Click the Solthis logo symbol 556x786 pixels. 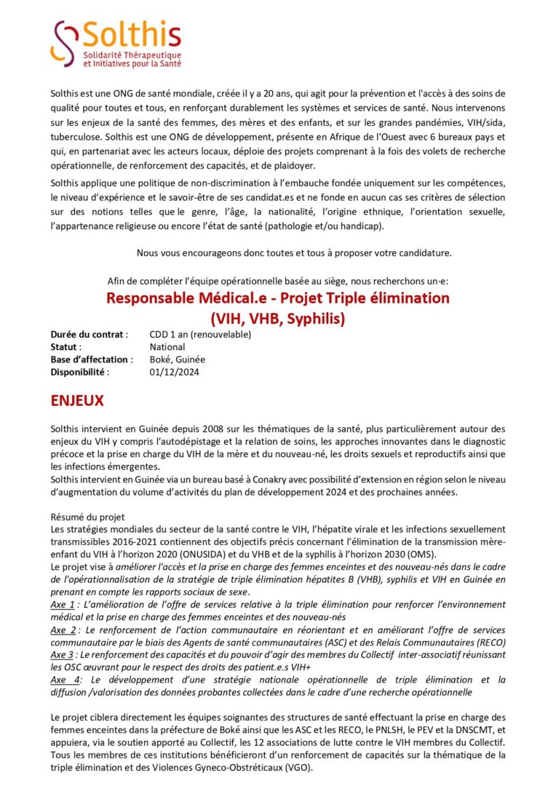click(x=64, y=42)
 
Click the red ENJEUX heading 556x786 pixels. click(x=77, y=401)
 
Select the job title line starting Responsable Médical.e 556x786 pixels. click(x=277, y=298)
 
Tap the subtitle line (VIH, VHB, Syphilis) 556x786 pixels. click(x=277, y=317)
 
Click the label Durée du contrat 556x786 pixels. click(x=90, y=335)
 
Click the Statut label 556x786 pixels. click(x=66, y=347)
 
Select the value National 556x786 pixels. click(x=167, y=347)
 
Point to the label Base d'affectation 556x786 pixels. click(x=92, y=360)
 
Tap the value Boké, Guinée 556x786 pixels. click(x=178, y=360)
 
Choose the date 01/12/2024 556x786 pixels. click(x=174, y=372)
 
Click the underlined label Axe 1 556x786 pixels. click(x=63, y=605)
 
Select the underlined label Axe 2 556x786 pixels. click(x=63, y=630)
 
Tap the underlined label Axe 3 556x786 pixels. click(x=63, y=655)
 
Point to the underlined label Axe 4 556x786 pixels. click(x=63, y=680)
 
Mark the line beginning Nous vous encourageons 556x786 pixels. click(x=294, y=253)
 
